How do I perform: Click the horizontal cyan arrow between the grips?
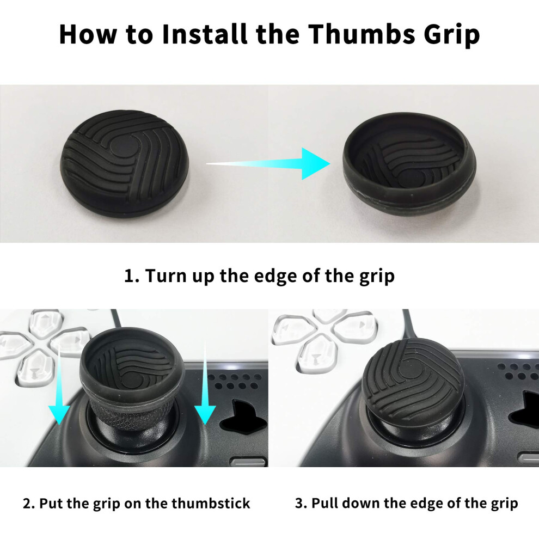point(268,164)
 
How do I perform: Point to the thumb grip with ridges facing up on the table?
point(125,163)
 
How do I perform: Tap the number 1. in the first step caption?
point(131,275)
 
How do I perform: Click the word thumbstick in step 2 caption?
point(211,504)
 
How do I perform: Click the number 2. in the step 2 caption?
point(29,504)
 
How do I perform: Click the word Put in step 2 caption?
point(51,504)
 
